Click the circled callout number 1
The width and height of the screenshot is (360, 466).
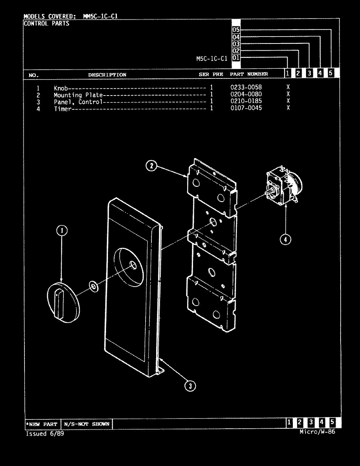click(x=61, y=231)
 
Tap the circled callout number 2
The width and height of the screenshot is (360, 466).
click(x=151, y=166)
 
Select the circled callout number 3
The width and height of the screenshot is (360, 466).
click(x=190, y=386)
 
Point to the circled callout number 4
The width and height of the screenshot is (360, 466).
click(x=285, y=239)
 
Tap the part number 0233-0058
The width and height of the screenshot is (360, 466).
click(x=246, y=87)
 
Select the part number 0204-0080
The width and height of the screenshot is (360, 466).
click(x=246, y=94)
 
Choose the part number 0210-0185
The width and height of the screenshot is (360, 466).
click(x=246, y=101)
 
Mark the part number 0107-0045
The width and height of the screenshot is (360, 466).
click(x=246, y=108)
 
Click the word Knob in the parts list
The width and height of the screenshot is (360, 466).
click(x=61, y=88)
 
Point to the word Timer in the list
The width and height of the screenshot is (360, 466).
click(x=63, y=109)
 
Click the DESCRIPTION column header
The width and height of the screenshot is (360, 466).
click(x=107, y=75)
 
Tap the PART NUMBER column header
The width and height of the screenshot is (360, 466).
click(x=249, y=74)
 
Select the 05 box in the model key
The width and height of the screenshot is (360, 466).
click(x=236, y=30)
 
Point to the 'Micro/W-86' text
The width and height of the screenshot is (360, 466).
click(x=317, y=432)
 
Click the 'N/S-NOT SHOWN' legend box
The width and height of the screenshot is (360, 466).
click(x=87, y=424)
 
